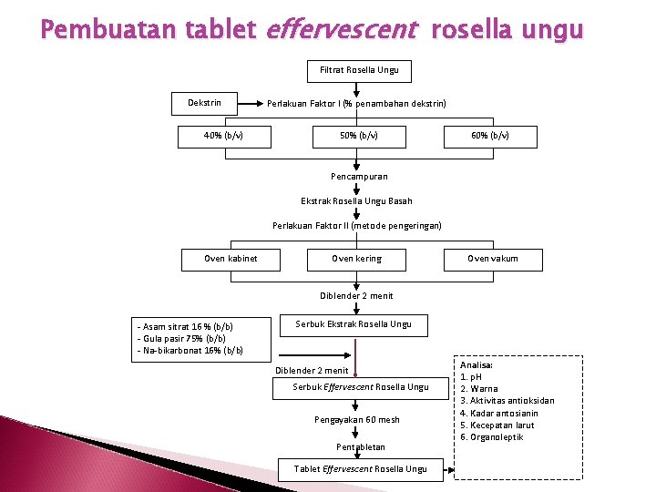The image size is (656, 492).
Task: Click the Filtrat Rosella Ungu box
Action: (359, 70)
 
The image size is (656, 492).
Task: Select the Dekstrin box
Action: (204, 103)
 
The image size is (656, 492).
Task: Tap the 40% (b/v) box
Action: (222, 137)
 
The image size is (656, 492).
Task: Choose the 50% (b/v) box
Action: (358, 137)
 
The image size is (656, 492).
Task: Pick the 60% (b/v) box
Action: (490, 137)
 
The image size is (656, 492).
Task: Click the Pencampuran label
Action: (358, 177)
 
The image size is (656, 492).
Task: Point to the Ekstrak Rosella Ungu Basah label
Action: (356, 201)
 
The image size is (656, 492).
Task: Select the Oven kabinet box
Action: (231, 259)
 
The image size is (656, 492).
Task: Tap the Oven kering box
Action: (356, 259)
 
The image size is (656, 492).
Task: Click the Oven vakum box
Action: (492, 259)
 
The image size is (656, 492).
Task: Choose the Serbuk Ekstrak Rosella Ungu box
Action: (354, 324)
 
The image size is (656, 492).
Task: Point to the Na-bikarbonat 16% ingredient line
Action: (190, 351)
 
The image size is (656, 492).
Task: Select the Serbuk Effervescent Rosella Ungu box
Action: (360, 387)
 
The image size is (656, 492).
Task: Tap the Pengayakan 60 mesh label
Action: (357, 420)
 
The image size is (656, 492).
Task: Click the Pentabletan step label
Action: (360, 447)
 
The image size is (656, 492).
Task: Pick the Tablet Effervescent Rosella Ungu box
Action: (360, 469)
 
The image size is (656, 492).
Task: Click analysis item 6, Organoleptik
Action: (492, 437)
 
